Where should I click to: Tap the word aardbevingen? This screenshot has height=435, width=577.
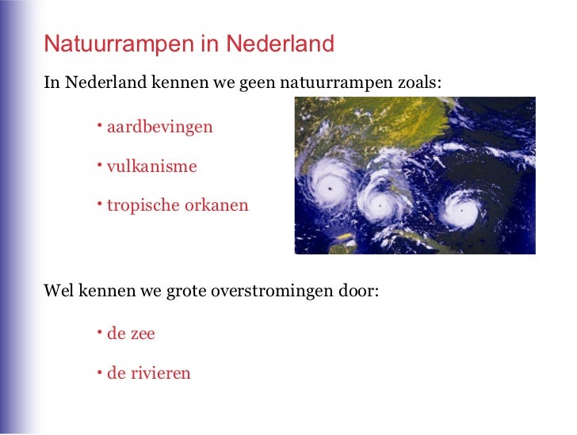pyautogui.click(x=159, y=127)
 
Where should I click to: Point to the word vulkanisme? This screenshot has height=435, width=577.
pyautogui.click(x=151, y=167)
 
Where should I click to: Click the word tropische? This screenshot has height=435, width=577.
pyautogui.click(x=143, y=206)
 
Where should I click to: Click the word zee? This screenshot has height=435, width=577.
pyautogui.click(x=143, y=334)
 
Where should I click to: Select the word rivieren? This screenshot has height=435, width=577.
pyautogui.click(x=161, y=373)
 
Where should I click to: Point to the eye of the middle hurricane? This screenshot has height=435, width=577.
pyautogui.click(x=380, y=204)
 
